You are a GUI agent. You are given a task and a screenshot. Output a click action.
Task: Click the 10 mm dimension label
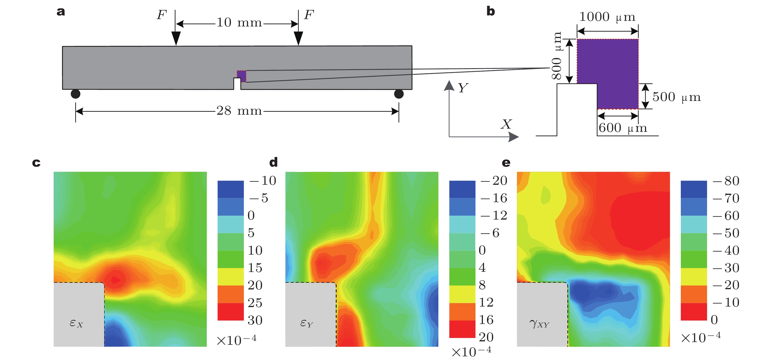click(239, 23)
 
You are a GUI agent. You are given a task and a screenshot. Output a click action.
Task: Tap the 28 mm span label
click(239, 111)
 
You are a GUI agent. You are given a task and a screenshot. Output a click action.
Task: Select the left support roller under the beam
click(75, 94)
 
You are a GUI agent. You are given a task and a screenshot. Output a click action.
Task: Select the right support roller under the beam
click(398, 94)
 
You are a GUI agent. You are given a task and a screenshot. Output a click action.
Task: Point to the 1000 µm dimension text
click(607, 17)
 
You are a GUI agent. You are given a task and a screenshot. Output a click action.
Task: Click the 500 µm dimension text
click(676, 97)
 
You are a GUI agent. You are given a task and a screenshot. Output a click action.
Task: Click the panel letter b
click(491, 11)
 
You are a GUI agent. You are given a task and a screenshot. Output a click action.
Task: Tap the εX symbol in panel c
click(76, 323)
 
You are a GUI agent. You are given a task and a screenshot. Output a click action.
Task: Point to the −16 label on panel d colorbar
click(494, 198)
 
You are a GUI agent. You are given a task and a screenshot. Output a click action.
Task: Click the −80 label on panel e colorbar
click(726, 181)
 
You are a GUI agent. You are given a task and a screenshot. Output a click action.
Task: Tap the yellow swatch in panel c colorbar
click(230, 277)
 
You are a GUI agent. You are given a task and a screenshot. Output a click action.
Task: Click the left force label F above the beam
click(162, 15)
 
